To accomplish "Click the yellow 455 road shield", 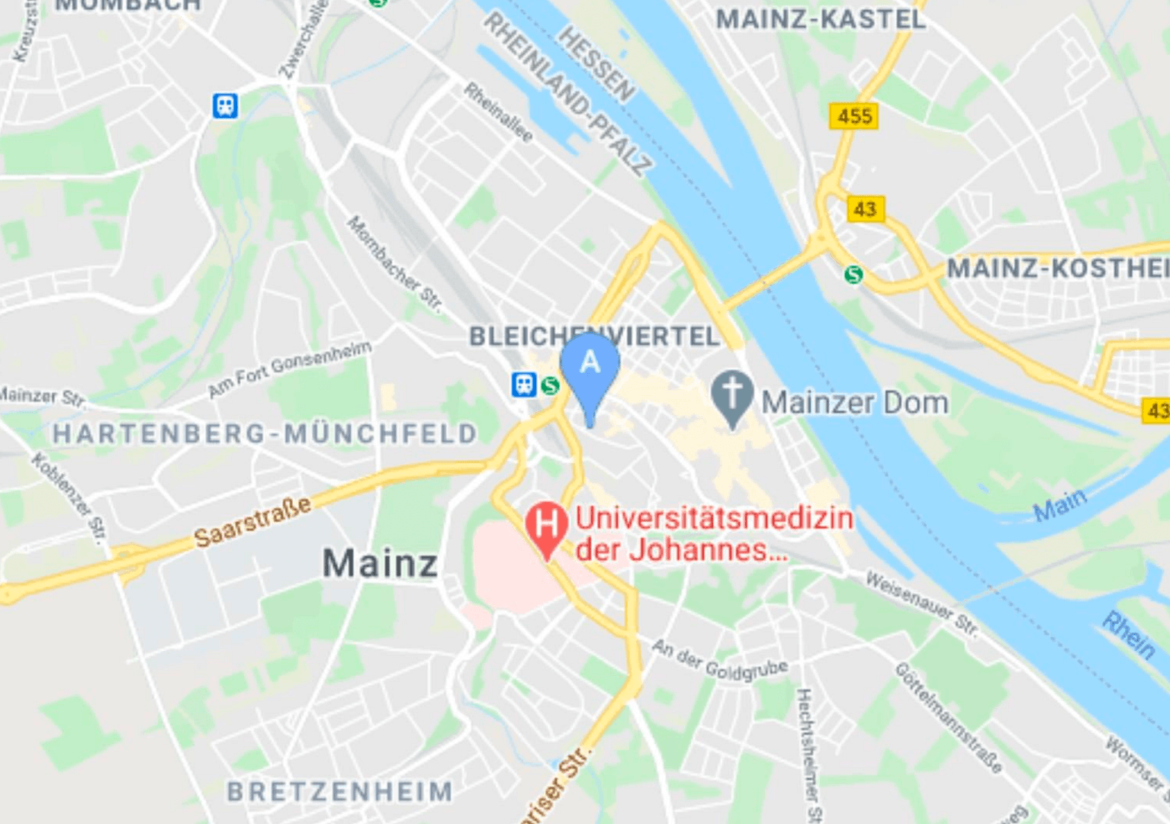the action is [853, 116].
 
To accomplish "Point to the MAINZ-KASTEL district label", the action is [821, 19].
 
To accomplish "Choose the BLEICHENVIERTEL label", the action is [594, 336].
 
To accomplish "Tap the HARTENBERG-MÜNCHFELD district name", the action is [265, 433].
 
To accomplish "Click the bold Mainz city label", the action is [380, 564].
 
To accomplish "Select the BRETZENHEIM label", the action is [340, 791].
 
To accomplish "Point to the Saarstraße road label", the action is [252, 523].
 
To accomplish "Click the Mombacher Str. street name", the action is [394, 264].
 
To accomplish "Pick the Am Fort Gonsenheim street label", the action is [290, 369].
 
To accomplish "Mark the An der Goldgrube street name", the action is [719, 661].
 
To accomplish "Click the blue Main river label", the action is [1060, 504].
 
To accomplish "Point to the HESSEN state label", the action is [596, 63].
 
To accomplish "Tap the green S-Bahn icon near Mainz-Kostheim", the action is [853, 274].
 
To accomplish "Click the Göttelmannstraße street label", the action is [948, 718].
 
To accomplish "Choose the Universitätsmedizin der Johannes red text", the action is [714, 533].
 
